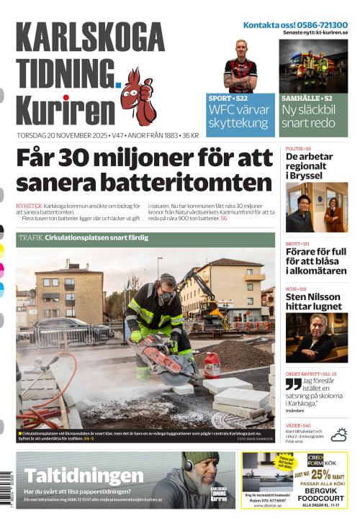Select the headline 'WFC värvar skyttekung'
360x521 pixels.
[x=239, y=116]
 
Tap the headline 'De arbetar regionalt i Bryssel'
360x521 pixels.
[x=309, y=166]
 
